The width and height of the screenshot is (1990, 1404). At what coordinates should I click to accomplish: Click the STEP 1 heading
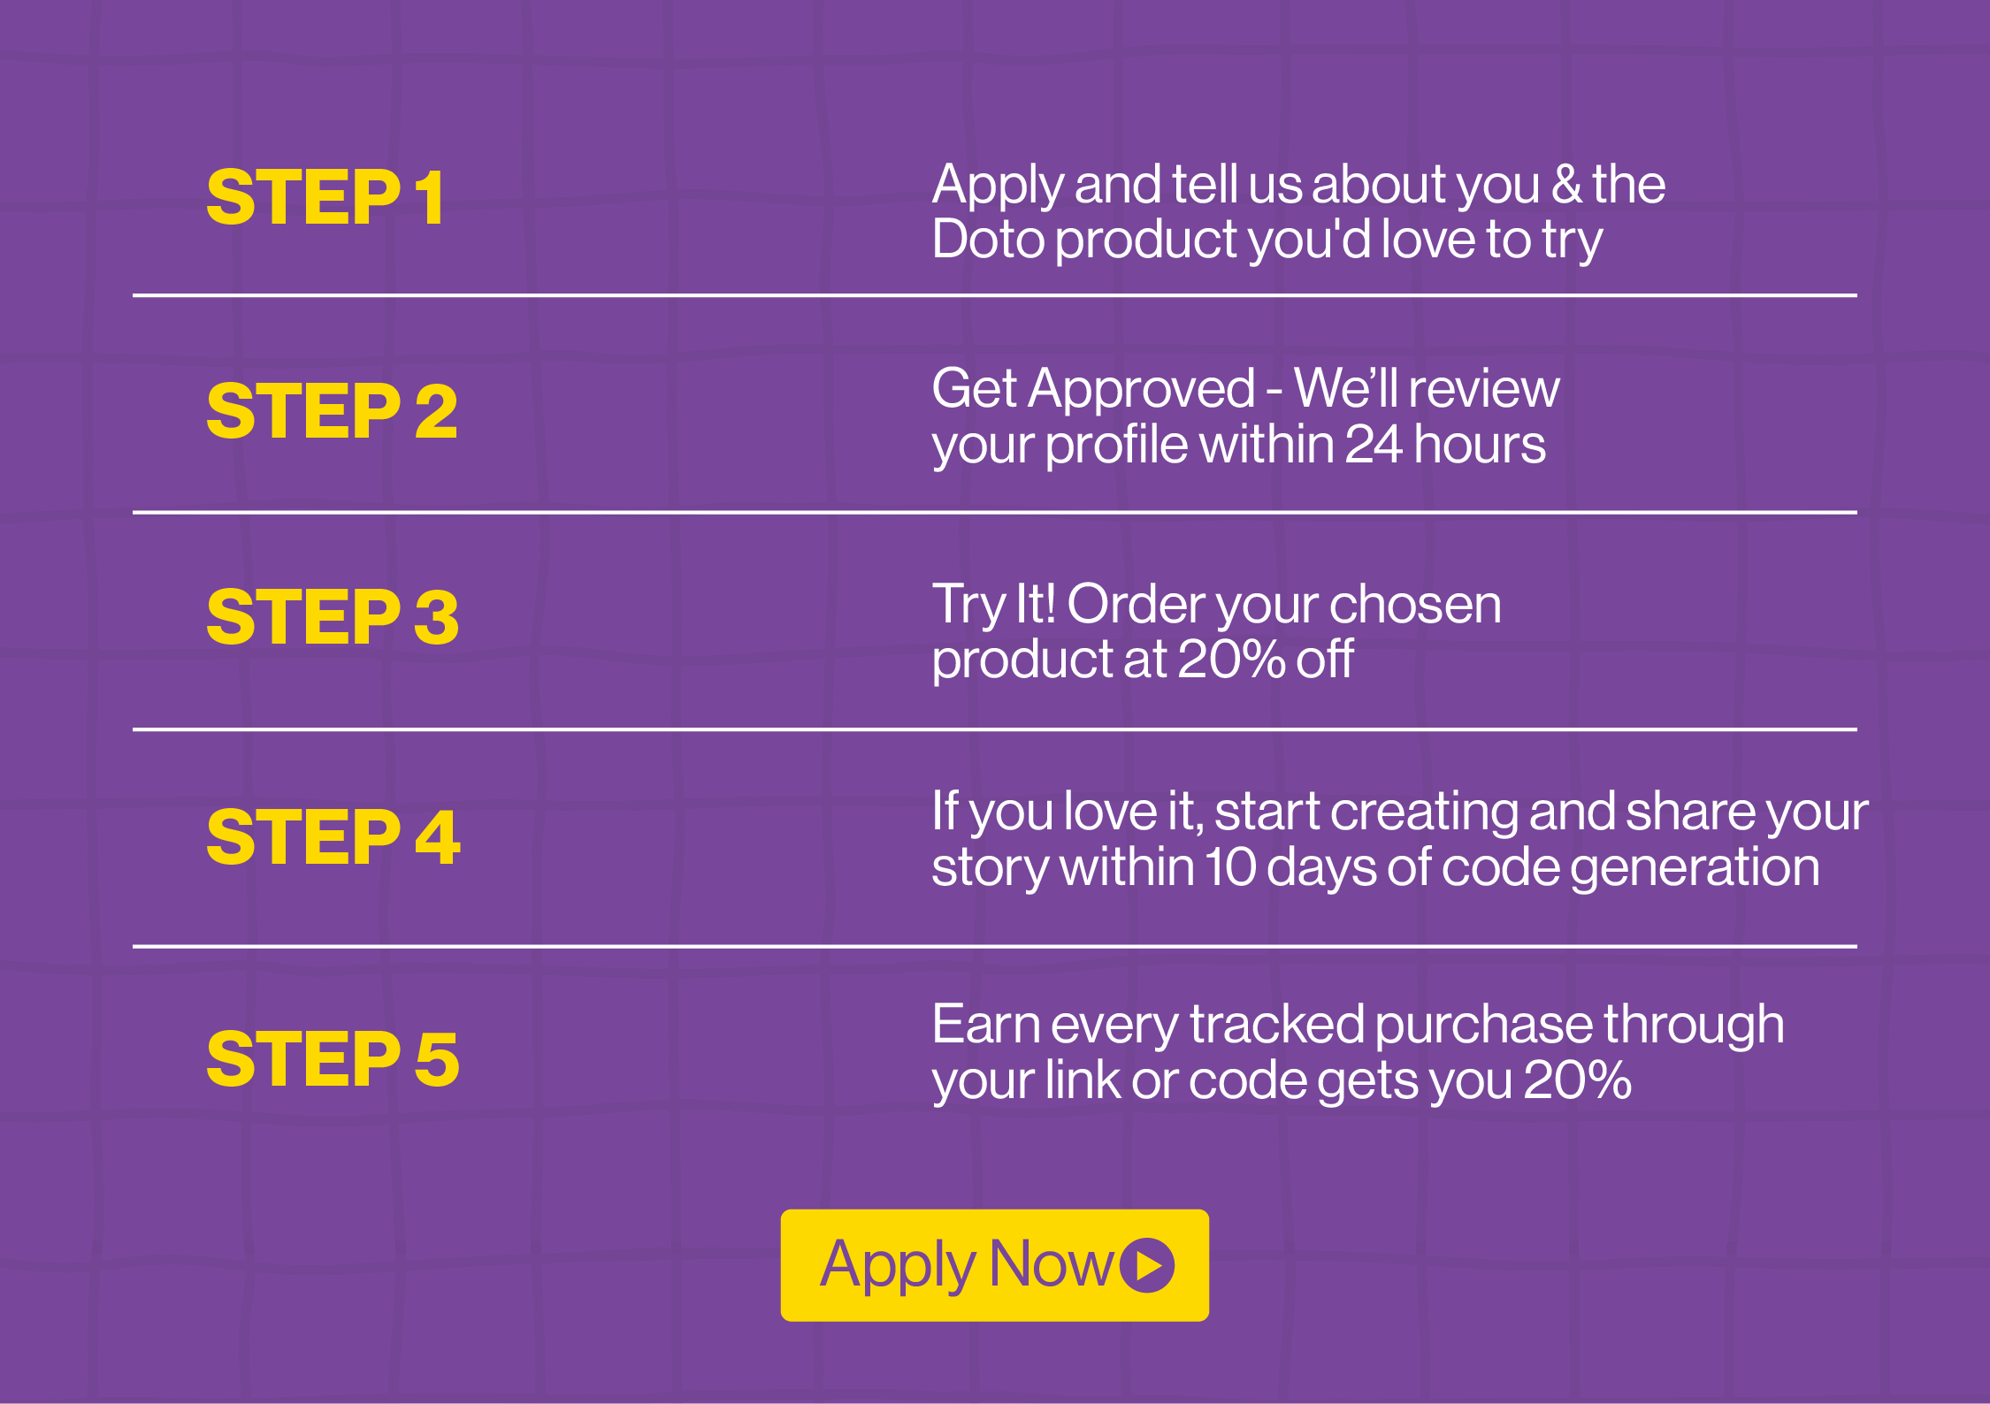tap(325, 197)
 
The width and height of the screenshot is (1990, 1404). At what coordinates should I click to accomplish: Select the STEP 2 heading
tap(333, 411)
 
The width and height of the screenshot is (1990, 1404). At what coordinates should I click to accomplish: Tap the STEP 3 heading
tap(333, 616)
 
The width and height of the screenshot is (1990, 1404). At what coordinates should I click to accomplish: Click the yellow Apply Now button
tap(995, 1265)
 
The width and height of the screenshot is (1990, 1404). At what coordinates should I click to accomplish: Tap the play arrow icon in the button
tap(1147, 1265)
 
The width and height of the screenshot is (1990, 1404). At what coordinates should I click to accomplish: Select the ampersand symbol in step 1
tap(1566, 185)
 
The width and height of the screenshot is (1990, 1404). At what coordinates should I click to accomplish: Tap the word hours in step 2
tap(1480, 444)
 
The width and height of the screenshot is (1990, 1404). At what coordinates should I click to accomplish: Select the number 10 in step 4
tap(1230, 867)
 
